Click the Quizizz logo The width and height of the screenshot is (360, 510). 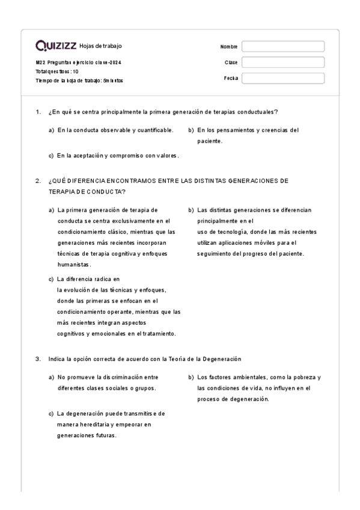56,46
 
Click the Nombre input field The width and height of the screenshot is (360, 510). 282,46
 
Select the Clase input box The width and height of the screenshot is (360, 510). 282,62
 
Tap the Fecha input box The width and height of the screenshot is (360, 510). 282,78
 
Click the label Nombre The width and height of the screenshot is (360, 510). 229,47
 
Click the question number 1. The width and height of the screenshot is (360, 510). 37,112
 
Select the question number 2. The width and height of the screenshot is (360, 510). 37,180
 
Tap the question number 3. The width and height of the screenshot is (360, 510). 37,359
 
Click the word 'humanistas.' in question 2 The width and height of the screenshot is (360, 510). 75,265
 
